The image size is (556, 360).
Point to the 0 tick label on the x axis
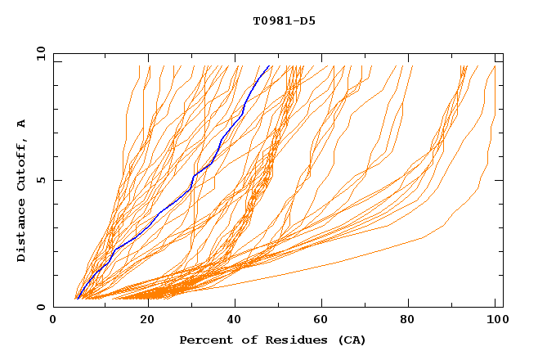53,320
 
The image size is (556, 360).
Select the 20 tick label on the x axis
148,320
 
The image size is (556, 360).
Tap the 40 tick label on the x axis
236,320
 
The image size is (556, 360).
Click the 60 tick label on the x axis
325,320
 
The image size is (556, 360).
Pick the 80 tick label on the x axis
413,320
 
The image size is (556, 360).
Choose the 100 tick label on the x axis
495,320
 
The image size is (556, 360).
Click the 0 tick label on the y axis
41,307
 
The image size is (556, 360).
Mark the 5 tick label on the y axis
41,180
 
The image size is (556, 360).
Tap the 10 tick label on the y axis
38,53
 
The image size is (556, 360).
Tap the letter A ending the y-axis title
21,124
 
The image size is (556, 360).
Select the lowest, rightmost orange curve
425,237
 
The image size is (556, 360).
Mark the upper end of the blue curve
269,65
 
